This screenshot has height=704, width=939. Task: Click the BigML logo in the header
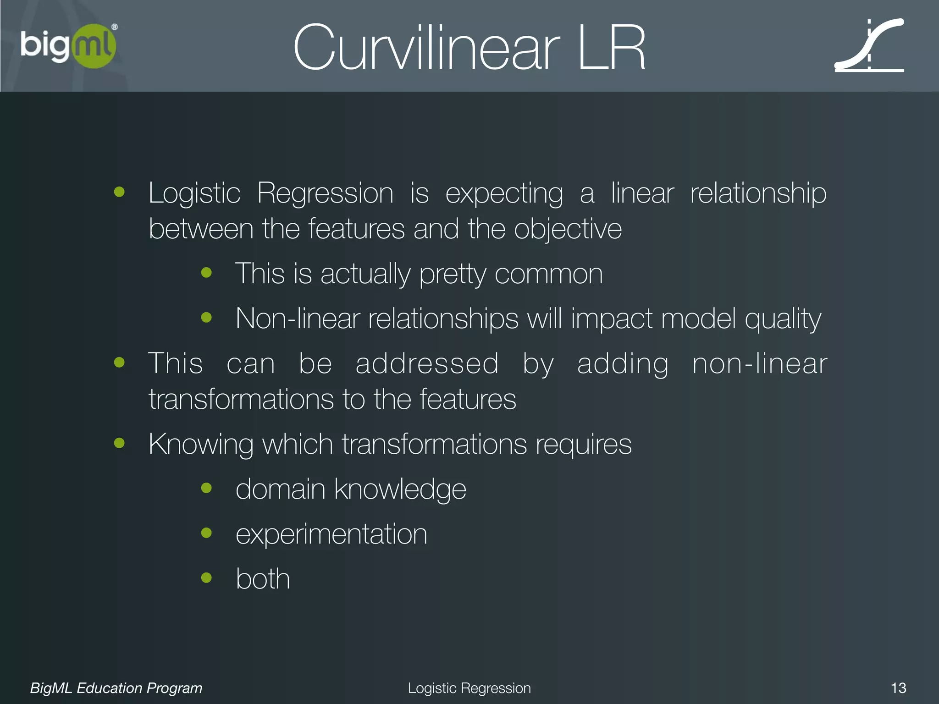pos(69,46)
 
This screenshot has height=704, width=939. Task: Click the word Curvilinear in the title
pos(426,48)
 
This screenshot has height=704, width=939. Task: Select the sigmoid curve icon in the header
pos(869,46)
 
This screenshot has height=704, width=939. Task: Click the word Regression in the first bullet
pos(325,193)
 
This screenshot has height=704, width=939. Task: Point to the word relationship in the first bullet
pos(758,193)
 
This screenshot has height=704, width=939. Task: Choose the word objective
pos(568,229)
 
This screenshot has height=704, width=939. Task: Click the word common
pos(548,274)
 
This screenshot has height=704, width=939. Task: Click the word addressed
pos(427,363)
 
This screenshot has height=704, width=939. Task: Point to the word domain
pos(280,489)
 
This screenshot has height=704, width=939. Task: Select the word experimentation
pos(331,534)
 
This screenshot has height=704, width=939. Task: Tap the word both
pos(263,578)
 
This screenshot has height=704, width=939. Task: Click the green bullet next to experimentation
pos(206,533)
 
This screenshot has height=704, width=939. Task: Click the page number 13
pos(898,688)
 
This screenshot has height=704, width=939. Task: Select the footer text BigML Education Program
pos(116,688)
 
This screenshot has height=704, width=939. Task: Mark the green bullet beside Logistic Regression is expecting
pos(119,192)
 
